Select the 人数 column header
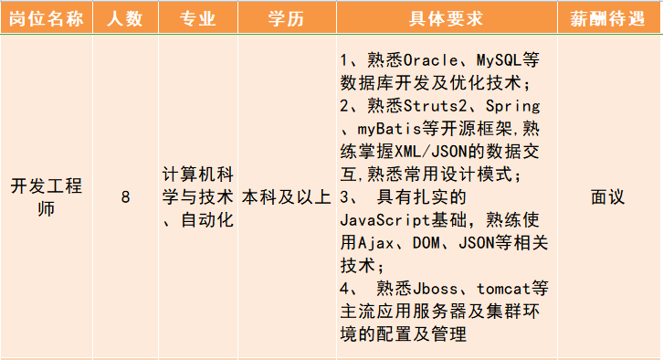125,19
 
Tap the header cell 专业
197,19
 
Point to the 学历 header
286,19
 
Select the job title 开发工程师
47,196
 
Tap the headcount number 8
125,196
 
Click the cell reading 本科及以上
286,196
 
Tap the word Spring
511,106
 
